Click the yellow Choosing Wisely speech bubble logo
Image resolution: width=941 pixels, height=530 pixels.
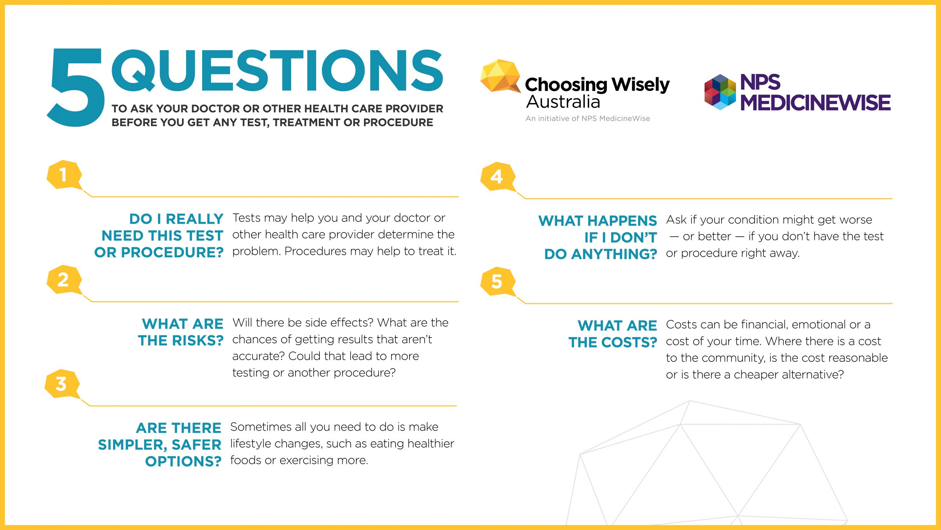coord(500,76)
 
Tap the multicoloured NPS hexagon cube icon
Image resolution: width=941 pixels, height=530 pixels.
coord(720,92)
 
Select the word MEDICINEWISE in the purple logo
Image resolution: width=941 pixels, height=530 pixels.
coord(815,102)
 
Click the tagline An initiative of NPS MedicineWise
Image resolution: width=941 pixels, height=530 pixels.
coord(588,119)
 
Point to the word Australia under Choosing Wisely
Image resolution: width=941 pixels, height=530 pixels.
coord(563,102)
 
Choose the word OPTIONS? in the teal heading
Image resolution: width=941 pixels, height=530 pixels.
coord(183,462)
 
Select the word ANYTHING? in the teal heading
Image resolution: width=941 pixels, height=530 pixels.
coord(614,254)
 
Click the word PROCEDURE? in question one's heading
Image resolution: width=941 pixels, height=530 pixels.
coord(172,252)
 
